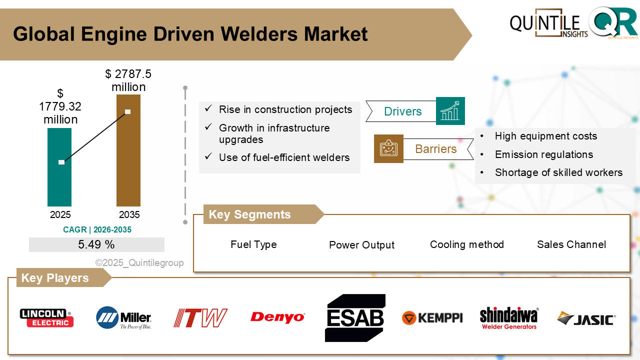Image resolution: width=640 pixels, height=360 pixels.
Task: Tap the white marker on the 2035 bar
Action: pos(128,111)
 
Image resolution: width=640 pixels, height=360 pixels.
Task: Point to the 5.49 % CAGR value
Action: pos(96,244)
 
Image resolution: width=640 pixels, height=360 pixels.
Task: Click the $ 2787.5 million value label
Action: pos(128,80)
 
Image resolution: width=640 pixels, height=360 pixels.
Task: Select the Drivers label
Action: pos(402,111)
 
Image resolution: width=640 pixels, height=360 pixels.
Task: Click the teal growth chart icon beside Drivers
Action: pos(450,111)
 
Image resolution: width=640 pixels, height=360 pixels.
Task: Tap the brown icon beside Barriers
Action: pos(388,148)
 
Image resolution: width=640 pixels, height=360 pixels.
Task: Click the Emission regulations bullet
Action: pos(543,154)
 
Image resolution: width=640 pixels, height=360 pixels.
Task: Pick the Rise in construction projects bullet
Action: pos(285,109)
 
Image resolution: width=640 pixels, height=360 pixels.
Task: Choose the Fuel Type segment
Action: pos(253,244)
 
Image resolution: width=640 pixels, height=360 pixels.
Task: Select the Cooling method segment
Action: pos(466,244)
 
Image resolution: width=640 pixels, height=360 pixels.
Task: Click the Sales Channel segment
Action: pos(571,244)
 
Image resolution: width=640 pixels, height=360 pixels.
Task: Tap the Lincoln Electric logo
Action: pos(46,317)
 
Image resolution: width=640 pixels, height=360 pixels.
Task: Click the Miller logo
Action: pos(123,318)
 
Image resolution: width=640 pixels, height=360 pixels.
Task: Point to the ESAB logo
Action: pos(355,318)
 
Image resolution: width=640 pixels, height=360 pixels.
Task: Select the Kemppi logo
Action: pos(432,318)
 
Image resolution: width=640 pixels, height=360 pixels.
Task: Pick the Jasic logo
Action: pos(586,318)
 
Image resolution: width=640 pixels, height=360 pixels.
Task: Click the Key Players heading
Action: pos(55,278)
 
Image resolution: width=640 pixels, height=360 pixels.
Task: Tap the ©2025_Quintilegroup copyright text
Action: pos(139,263)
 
